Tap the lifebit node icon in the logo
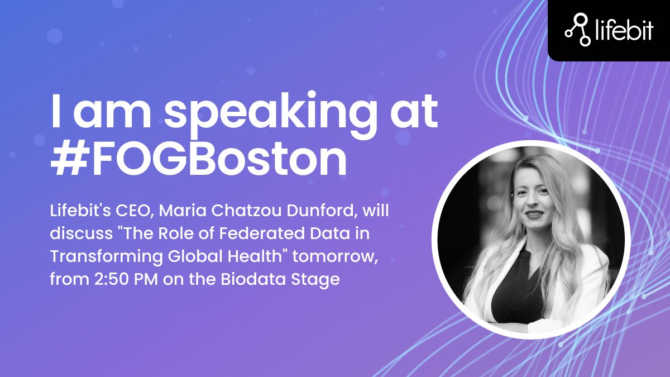[x=578, y=30]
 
